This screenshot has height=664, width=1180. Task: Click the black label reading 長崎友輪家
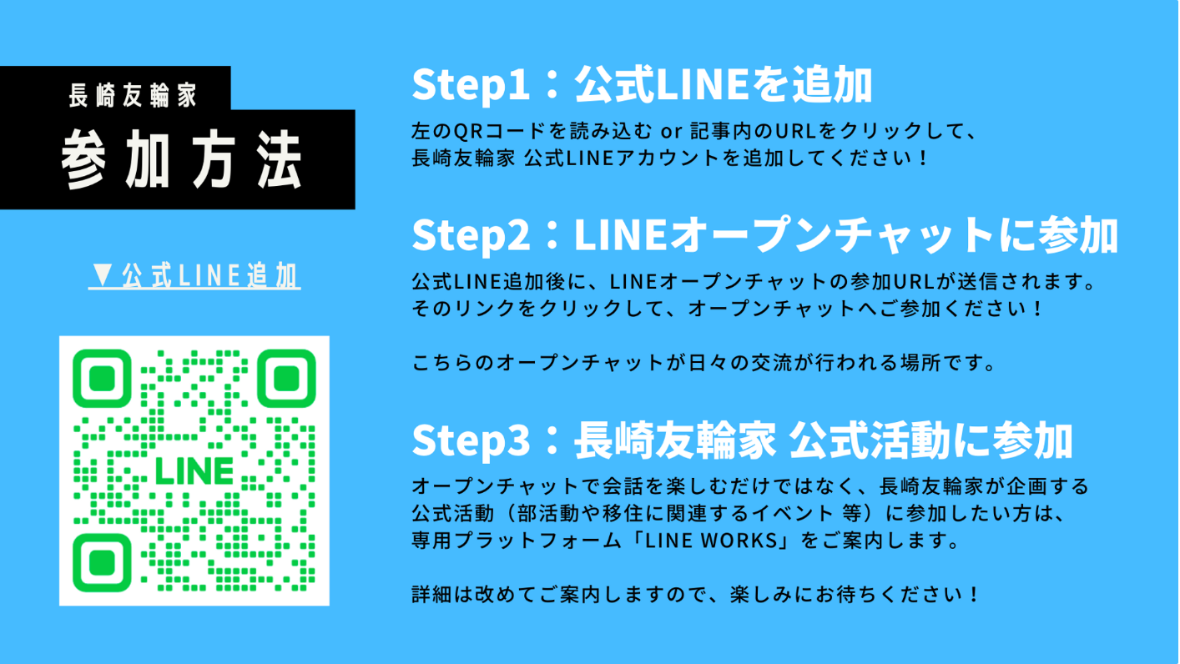(133, 94)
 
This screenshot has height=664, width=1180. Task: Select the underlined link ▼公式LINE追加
(194, 276)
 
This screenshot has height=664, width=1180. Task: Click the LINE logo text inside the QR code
(194, 471)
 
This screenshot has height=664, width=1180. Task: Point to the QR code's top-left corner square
(102, 379)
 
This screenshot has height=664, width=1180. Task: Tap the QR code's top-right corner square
(286, 379)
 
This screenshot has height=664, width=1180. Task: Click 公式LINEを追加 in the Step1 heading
(723, 85)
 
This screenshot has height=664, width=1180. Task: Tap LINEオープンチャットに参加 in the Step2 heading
(845, 236)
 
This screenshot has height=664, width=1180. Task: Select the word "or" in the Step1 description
(669, 132)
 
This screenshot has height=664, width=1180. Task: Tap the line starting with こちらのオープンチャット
(704, 364)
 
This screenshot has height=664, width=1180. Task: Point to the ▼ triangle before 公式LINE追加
(103, 275)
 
